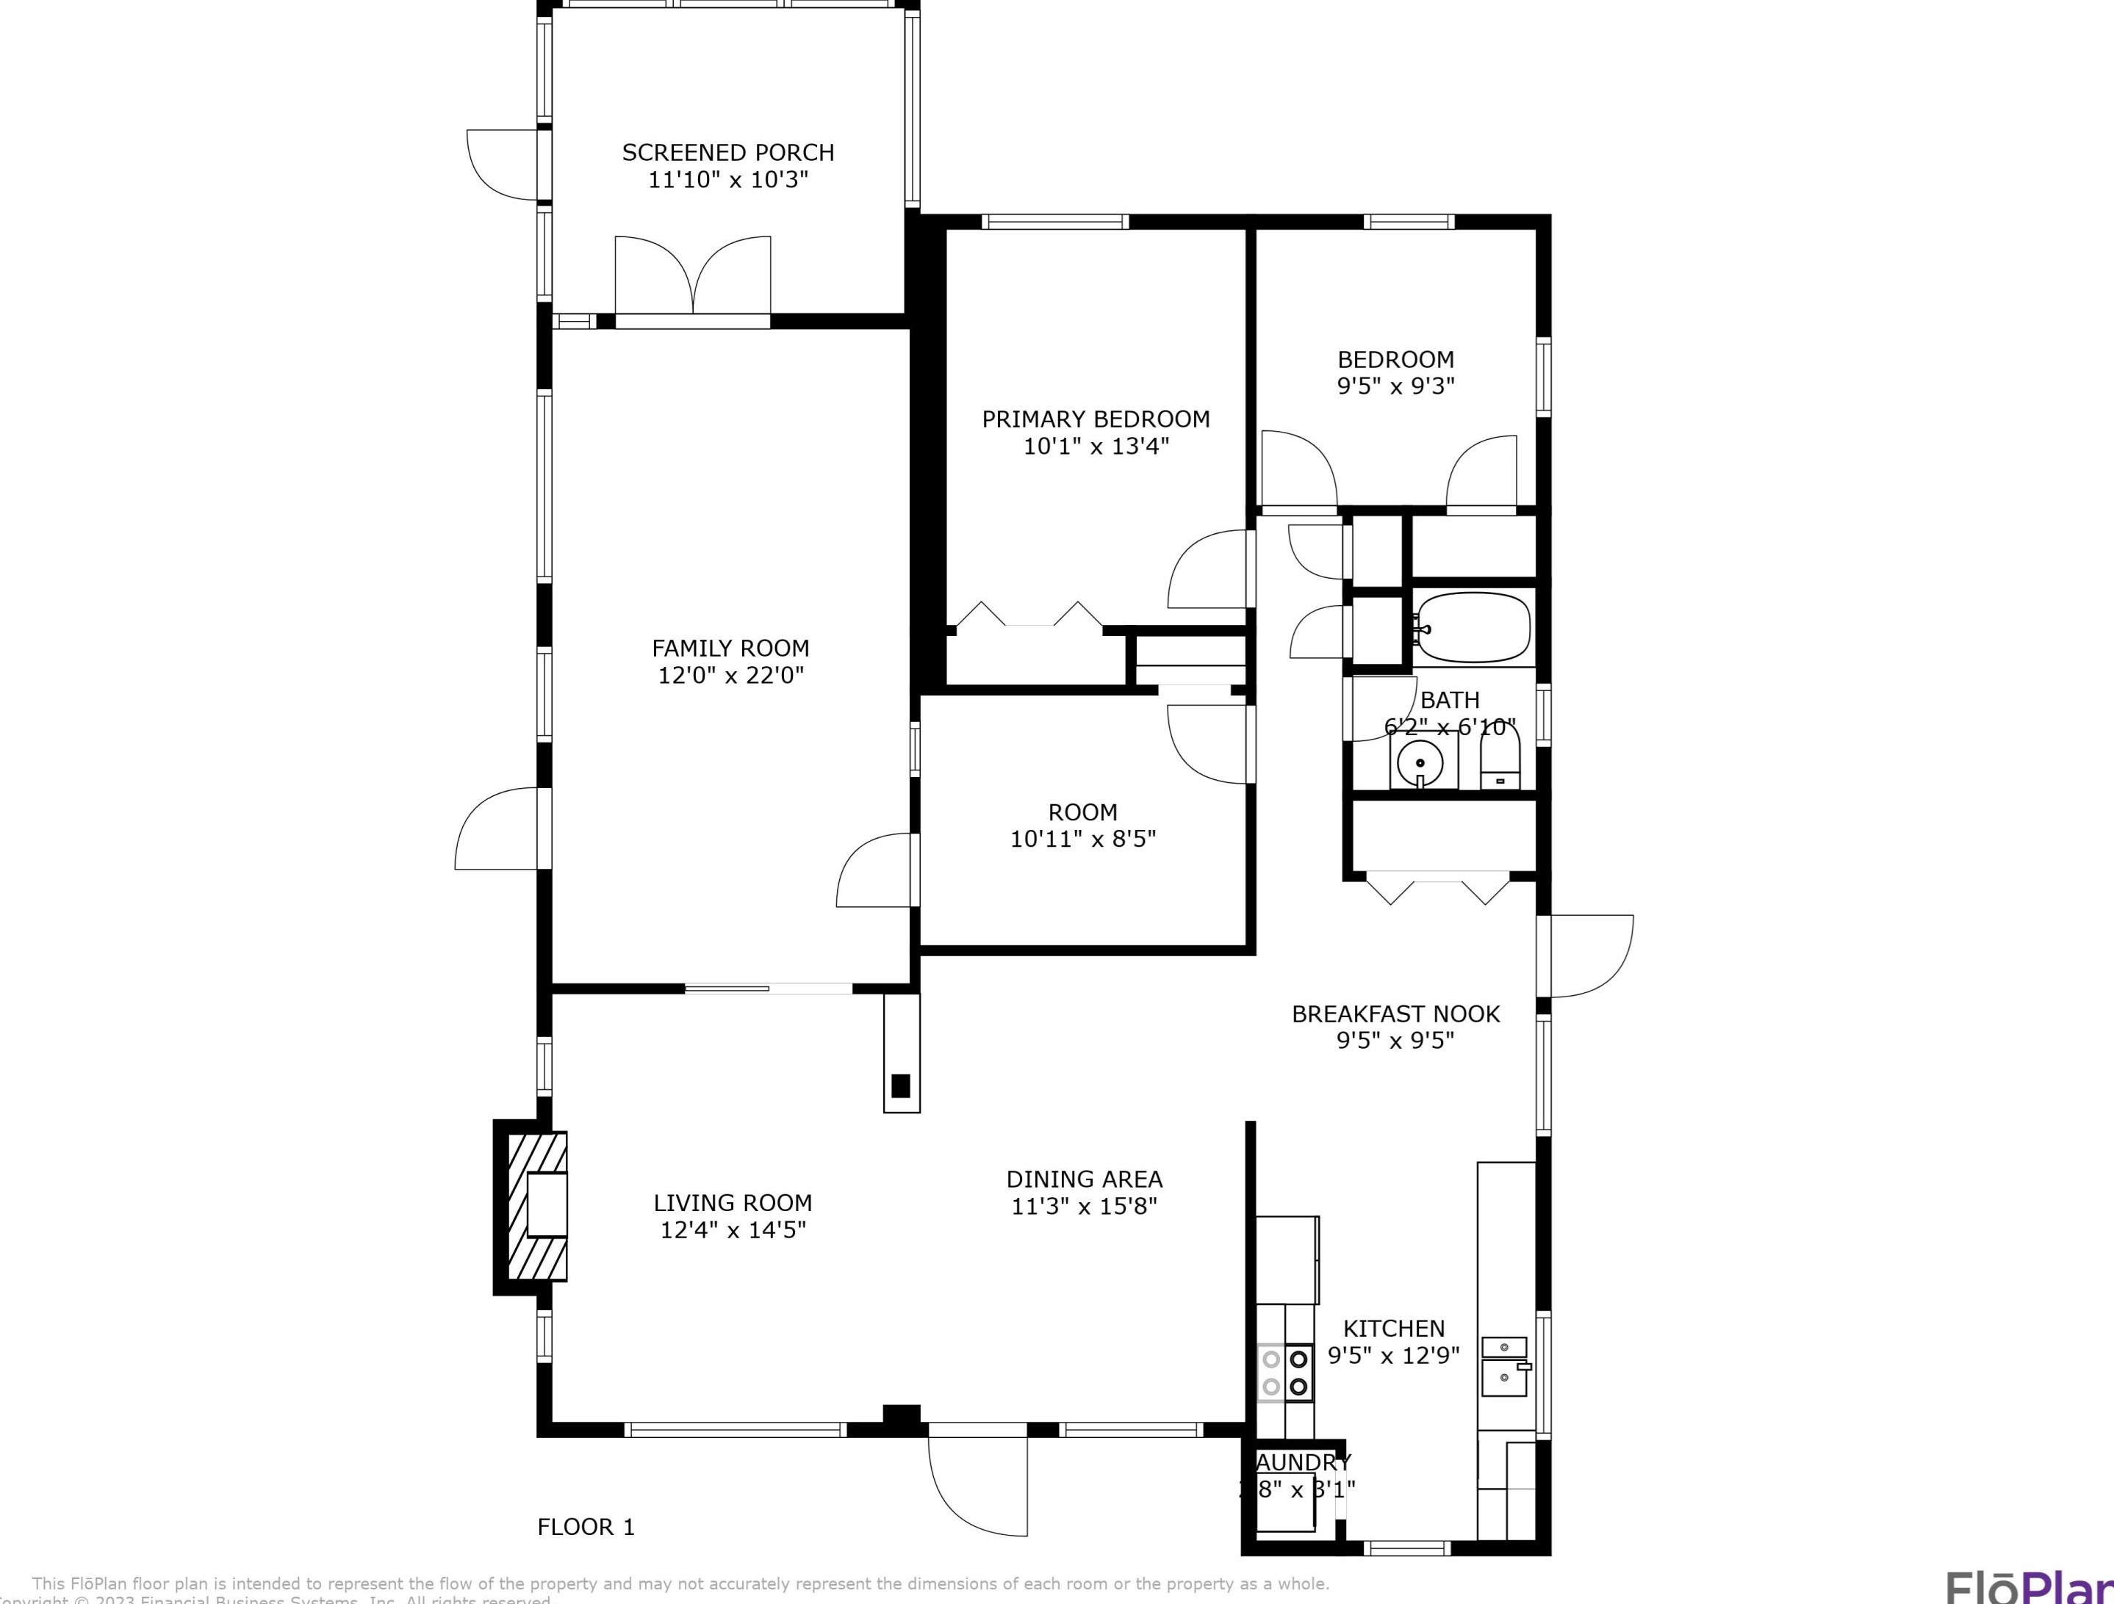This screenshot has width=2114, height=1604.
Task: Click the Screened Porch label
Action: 727,153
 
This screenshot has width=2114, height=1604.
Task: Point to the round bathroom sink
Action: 1420,763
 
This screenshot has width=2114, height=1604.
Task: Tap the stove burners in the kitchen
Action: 1284,1372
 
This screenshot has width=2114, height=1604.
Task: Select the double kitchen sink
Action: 1504,1365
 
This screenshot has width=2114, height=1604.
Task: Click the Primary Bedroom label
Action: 1096,419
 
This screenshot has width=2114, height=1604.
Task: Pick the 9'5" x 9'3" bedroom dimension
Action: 1395,386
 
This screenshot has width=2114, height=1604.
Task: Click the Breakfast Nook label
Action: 1395,1014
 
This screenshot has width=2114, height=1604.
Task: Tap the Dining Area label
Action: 1084,1179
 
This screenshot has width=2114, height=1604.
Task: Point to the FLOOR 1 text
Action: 586,1527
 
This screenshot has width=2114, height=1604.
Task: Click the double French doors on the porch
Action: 693,277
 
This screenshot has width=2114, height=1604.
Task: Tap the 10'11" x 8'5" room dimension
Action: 1083,839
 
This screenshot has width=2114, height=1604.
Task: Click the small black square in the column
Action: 900,1085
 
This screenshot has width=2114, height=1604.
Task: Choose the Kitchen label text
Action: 1393,1328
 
